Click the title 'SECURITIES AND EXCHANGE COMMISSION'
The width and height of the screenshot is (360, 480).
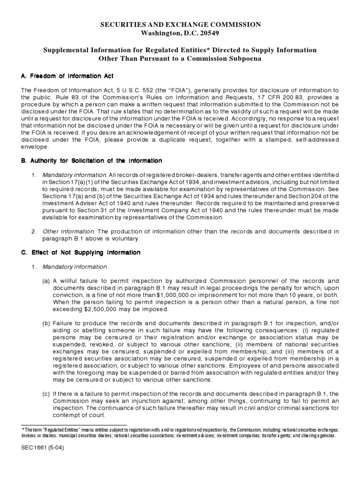tap(180, 24)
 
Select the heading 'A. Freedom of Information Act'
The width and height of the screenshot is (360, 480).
tap(67, 76)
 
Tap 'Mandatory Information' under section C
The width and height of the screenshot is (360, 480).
tap(75, 267)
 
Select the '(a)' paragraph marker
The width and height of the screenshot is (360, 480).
tap(46, 281)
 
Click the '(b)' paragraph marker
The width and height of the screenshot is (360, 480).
tap(46, 323)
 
